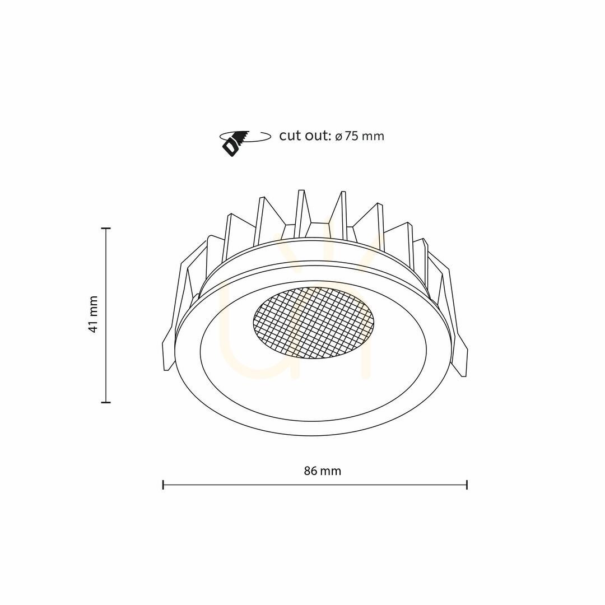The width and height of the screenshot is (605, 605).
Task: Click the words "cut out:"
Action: point(305,136)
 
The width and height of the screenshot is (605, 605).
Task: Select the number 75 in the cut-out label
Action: point(351,136)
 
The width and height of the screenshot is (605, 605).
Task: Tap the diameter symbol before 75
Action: point(338,137)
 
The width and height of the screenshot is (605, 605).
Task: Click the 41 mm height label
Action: point(93,314)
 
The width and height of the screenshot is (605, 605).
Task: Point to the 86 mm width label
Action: point(323,471)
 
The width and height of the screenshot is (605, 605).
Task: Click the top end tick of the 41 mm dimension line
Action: point(106,229)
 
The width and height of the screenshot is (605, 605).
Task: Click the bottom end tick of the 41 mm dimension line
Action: point(106,402)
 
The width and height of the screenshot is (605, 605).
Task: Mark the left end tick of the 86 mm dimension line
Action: point(163,485)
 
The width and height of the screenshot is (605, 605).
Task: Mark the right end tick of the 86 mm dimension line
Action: point(467,485)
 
